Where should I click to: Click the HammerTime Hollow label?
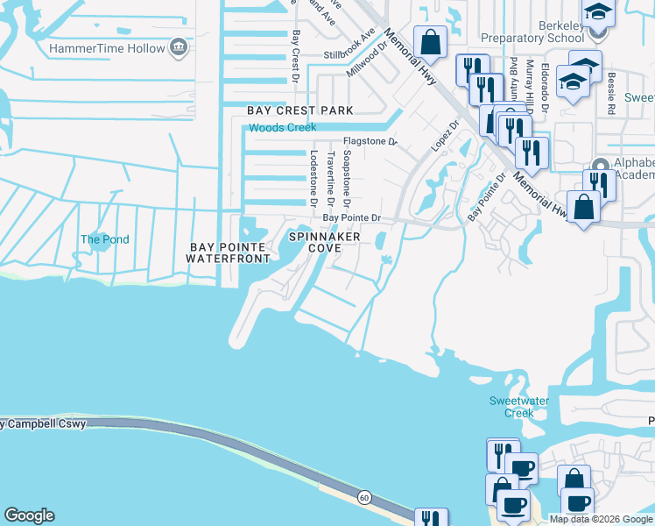click(108, 46)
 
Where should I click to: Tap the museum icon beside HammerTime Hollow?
click(179, 46)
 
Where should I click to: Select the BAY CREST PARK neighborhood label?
click(300, 110)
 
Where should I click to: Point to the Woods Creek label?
click(282, 128)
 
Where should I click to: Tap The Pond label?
click(105, 239)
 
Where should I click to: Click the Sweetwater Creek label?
click(511, 407)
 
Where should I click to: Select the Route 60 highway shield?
click(363, 497)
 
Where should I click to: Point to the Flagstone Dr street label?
click(370, 140)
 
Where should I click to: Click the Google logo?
click(29, 515)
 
